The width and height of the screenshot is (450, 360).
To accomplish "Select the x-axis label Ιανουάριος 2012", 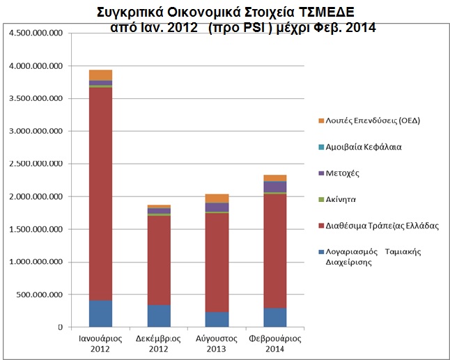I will [100, 343].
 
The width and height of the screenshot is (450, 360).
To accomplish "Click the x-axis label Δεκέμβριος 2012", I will [158, 343].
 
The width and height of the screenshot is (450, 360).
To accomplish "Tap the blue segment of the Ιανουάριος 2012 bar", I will [100, 313].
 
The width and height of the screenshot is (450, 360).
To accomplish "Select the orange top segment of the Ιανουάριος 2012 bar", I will [100, 75].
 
